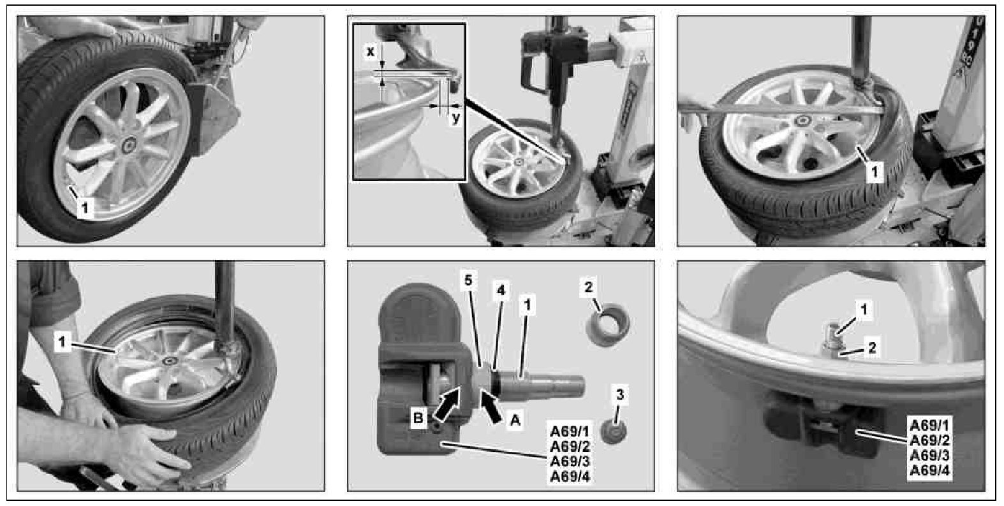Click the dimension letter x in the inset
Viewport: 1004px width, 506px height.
click(x=370, y=52)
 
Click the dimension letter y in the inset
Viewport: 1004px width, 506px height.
click(x=455, y=119)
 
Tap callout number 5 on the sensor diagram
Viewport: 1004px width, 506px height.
click(x=468, y=281)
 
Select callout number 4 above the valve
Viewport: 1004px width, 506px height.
click(x=501, y=291)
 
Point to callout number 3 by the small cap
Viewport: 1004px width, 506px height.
click(x=620, y=394)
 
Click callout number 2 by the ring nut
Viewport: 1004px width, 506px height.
click(x=589, y=287)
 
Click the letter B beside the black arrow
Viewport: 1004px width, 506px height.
click(x=418, y=418)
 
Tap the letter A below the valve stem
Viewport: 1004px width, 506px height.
click(x=515, y=420)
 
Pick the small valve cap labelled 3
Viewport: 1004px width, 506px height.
click(x=613, y=431)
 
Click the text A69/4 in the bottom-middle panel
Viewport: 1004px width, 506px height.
click(x=570, y=477)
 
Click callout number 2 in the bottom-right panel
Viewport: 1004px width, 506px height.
click(x=872, y=347)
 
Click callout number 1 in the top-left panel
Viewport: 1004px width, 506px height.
click(x=85, y=208)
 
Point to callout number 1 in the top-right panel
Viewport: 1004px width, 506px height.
click(x=874, y=171)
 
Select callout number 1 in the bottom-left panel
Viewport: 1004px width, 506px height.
click(x=62, y=343)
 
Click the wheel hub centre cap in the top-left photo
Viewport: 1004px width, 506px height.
click(x=129, y=145)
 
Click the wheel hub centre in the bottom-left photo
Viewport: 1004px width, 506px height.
click(x=171, y=361)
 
